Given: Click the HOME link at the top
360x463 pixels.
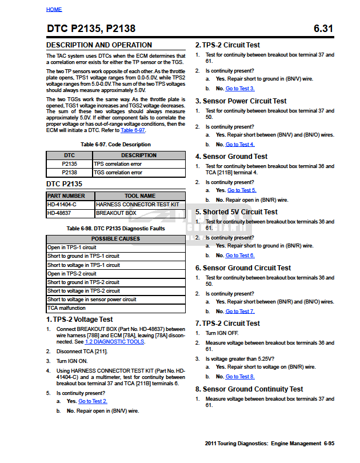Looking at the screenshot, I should pyautogui.click(x=54, y=10).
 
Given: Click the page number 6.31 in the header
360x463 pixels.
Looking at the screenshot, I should pyautogui.click(x=323, y=29).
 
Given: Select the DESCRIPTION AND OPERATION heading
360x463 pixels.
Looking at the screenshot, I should pyautogui.click(x=99, y=45).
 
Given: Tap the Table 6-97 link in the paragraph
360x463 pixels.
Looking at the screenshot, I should pyautogui.click(x=133, y=130).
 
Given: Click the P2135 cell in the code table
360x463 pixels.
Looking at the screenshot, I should pyautogui.click(x=69, y=163).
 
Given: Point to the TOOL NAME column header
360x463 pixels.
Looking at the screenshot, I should pyautogui.click(x=139, y=195).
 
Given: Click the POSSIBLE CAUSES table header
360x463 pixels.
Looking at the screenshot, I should pyautogui.click(x=115, y=239).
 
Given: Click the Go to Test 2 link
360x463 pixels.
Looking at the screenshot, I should pyautogui.click(x=93, y=401).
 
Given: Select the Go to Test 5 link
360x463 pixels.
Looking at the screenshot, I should pyautogui.click(x=242, y=190).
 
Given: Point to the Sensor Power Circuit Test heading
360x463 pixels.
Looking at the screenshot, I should pyautogui.click(x=241, y=101).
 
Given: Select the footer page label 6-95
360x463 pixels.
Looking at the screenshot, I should pyautogui.click(x=328, y=444).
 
